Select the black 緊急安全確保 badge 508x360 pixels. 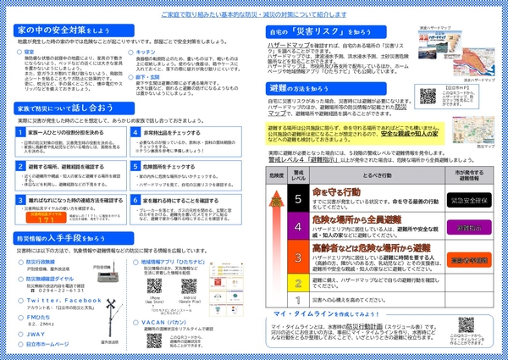pos(466,200)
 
